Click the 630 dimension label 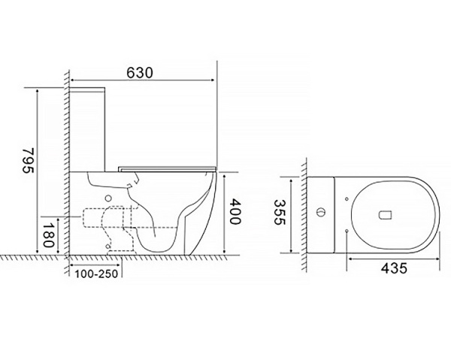pos(140,73)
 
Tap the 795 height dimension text pos(29,160)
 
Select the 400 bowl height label pos(235,211)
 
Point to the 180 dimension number pos(48,235)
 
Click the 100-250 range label pos(97,274)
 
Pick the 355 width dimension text pos(279,212)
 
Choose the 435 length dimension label pos(394,268)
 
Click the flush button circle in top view pos(321,213)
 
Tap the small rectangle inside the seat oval pos(386,216)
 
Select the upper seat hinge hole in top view pos(347,198)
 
